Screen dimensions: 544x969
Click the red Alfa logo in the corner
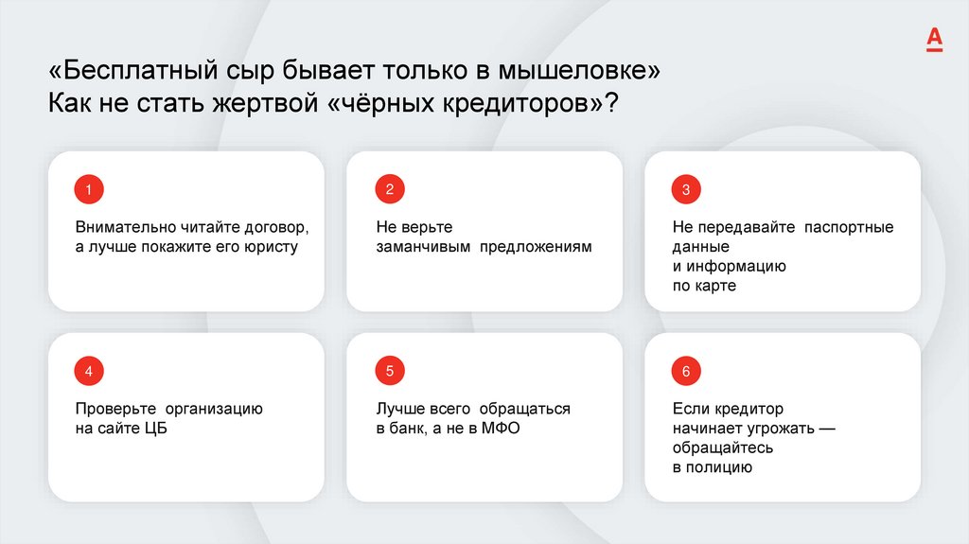[x=934, y=39]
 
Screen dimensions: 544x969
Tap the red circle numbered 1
[x=89, y=190]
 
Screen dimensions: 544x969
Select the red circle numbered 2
[x=388, y=189]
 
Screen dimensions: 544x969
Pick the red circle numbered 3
[x=686, y=190]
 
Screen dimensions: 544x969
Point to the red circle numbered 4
[x=89, y=371]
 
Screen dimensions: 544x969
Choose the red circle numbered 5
[x=388, y=371]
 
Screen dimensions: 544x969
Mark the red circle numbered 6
[x=686, y=371]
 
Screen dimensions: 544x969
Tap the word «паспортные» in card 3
[x=849, y=228]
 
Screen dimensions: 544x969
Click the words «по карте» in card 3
[x=704, y=286]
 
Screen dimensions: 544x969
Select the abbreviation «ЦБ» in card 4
[x=157, y=429]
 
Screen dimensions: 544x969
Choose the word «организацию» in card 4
[x=215, y=409]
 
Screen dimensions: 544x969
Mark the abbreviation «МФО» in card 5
[x=501, y=429]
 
